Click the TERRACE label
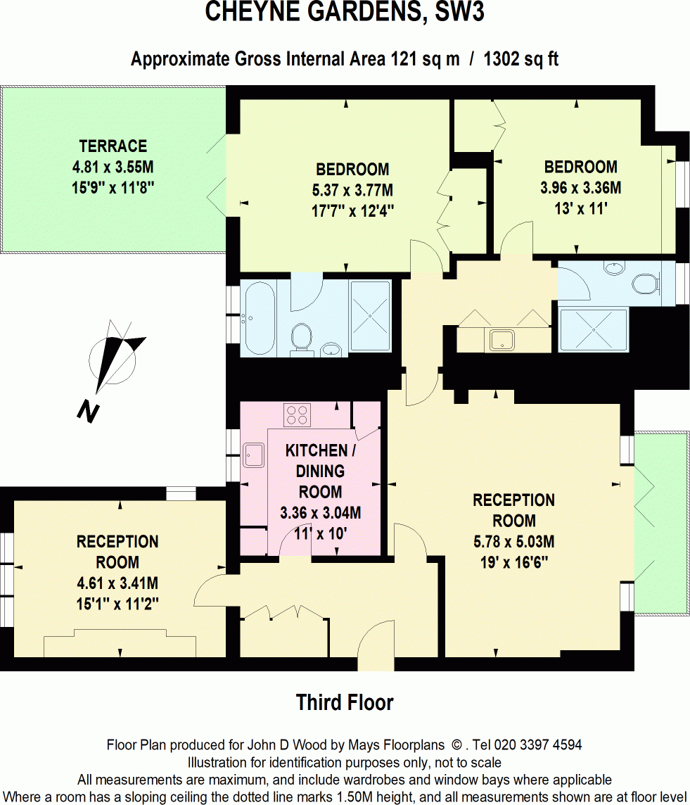pyautogui.click(x=113, y=146)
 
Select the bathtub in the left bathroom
pyautogui.click(x=258, y=317)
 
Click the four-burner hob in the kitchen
pyautogui.click(x=297, y=414)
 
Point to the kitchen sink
pyautogui.click(x=253, y=456)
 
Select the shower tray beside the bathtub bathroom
pyautogui.click(x=370, y=316)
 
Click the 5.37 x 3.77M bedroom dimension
pyautogui.click(x=352, y=190)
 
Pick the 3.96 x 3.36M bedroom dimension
pyautogui.click(x=580, y=188)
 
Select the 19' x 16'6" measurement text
pyautogui.click(x=513, y=563)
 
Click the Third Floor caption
pyautogui.click(x=345, y=702)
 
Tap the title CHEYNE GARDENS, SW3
pyautogui.click(x=345, y=13)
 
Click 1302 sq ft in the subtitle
pyautogui.click(x=521, y=59)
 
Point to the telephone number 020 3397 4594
pyautogui.click(x=537, y=744)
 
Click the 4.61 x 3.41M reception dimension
pyautogui.click(x=117, y=583)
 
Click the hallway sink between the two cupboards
pyautogui.click(x=503, y=340)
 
